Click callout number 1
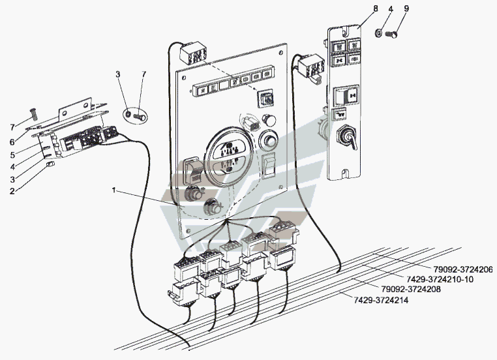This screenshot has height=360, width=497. [113, 190]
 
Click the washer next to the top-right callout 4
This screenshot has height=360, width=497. [378, 31]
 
